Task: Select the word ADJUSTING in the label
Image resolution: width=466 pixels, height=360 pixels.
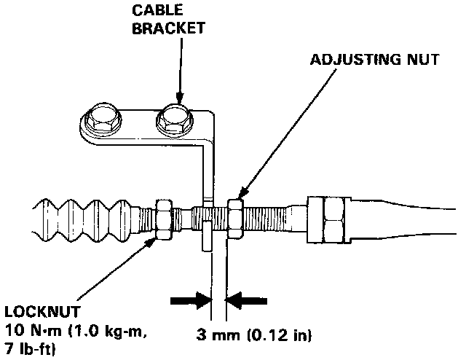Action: tap(346, 60)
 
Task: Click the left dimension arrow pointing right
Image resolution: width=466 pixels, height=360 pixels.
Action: tap(189, 300)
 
